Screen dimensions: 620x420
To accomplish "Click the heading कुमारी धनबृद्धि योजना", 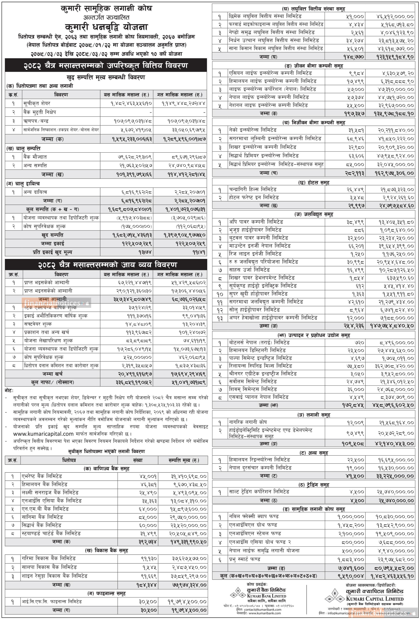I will click(x=106, y=27).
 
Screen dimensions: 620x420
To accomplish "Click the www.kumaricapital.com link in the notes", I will click(x=43, y=434).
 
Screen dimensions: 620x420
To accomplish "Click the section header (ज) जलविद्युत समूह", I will click(x=314, y=214).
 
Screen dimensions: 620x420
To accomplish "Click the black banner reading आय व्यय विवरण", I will click(x=106, y=265).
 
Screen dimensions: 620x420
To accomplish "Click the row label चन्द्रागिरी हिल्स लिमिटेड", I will click(x=253, y=189).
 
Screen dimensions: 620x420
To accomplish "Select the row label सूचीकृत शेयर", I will click(x=37, y=103).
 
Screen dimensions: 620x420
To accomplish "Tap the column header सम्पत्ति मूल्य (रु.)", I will click(x=183, y=460).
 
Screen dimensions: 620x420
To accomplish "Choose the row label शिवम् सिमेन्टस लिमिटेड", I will click(x=253, y=389).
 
